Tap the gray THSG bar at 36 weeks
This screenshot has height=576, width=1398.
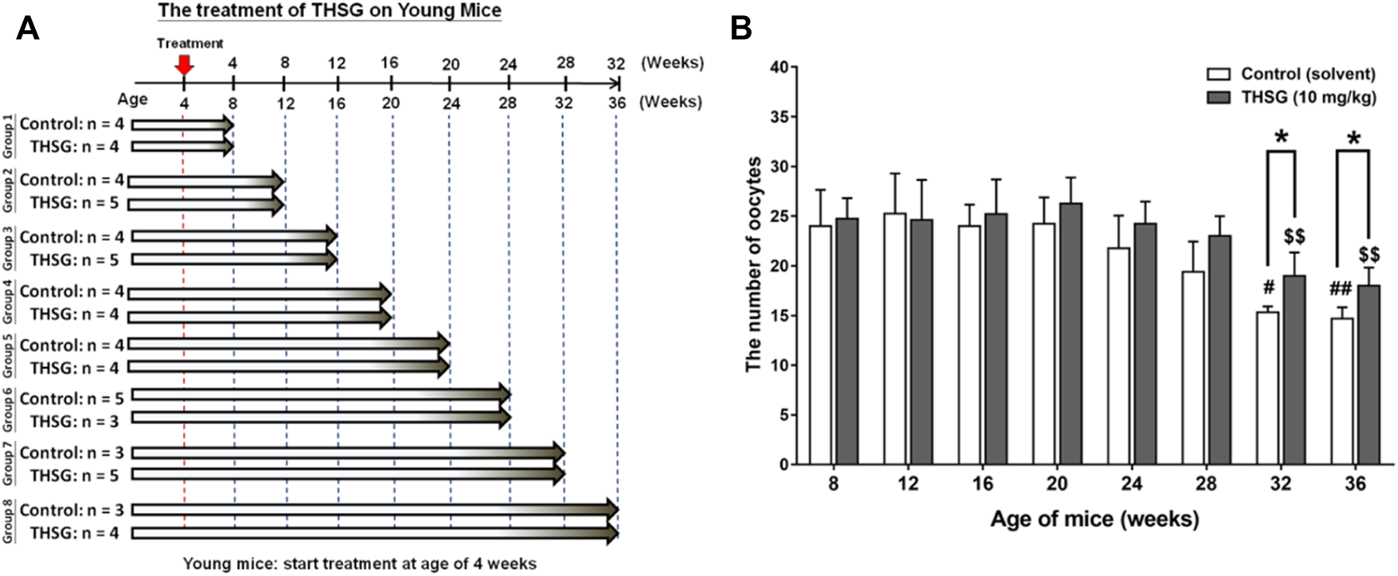1369,375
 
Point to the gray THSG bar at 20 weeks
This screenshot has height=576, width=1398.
1071,333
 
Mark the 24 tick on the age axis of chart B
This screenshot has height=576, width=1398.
1131,484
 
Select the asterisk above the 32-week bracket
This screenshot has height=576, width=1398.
1282,138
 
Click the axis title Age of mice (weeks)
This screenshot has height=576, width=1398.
1094,520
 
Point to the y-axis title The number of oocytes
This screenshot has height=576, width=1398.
753,266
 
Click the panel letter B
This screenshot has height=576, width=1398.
740,29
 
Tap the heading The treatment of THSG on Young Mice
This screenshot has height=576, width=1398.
330,11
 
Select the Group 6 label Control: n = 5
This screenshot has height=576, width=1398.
72,399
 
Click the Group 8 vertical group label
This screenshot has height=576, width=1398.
8,521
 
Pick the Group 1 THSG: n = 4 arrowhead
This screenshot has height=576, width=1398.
228,146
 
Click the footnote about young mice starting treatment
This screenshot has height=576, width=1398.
359,564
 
